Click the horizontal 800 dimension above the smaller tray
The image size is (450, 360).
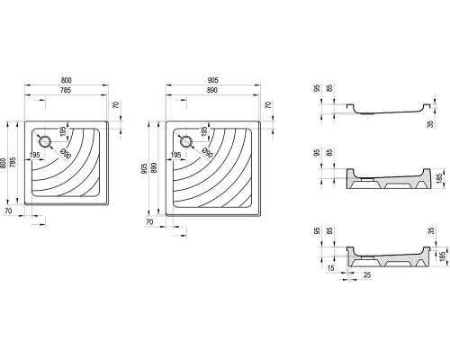[x=67, y=80]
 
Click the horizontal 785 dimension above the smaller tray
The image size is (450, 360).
[x=66, y=90]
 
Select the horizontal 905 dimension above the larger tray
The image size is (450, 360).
[x=212, y=80]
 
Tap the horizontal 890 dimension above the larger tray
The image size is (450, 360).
[x=212, y=90]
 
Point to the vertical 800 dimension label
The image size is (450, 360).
[x=4, y=163]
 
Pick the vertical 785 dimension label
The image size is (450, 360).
[x=13, y=162]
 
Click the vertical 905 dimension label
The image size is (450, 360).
[x=144, y=169]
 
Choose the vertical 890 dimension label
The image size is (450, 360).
[x=154, y=168]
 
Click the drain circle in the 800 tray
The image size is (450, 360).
[x=45, y=141]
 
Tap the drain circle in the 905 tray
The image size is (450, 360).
[x=186, y=141]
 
